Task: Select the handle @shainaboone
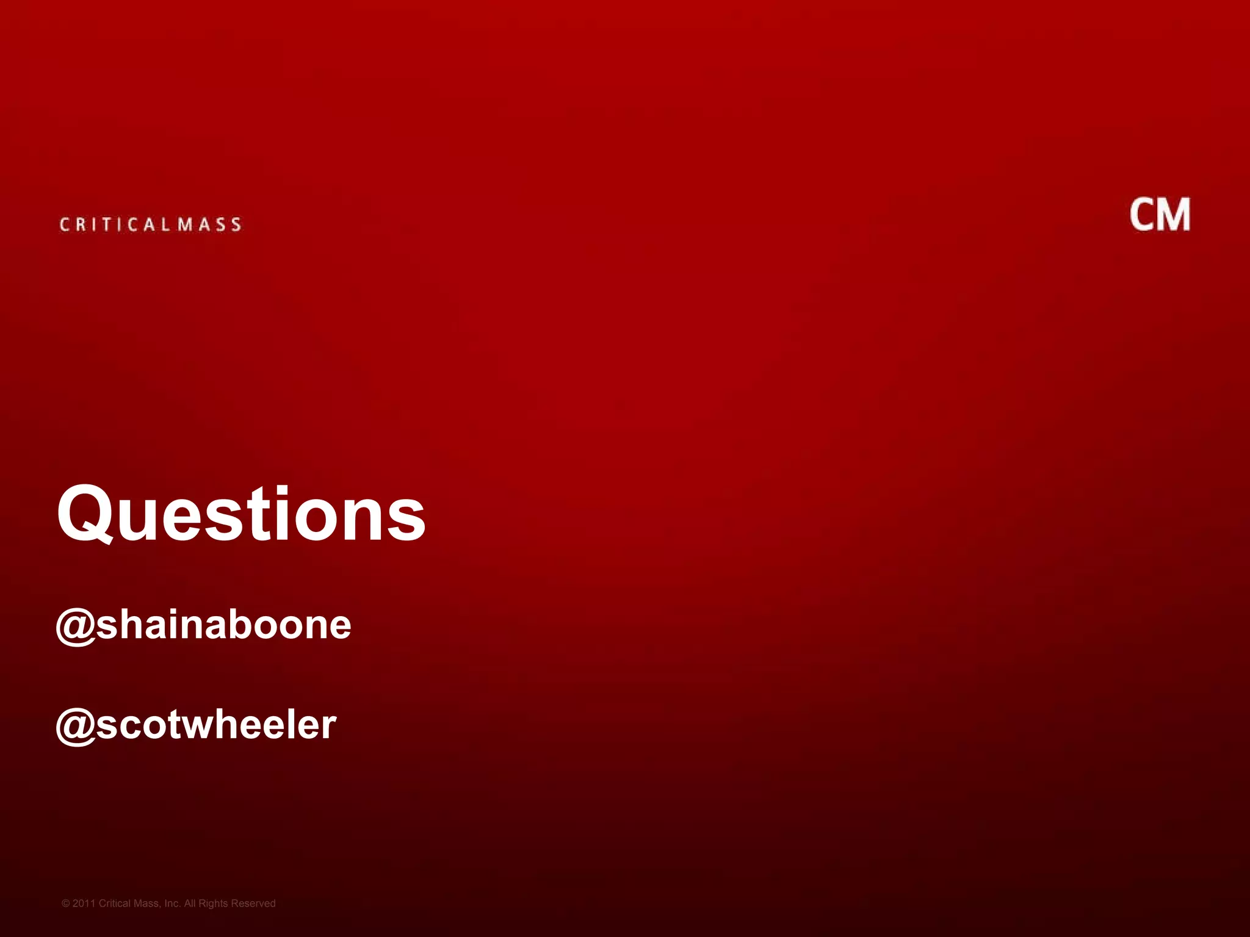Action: click(x=203, y=625)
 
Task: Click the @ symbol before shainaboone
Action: click(x=75, y=626)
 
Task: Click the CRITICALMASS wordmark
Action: click(x=150, y=224)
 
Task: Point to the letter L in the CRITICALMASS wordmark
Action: click(x=166, y=224)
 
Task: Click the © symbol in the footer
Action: click(x=66, y=903)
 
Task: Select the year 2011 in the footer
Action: click(x=84, y=903)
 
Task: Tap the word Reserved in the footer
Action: click(x=253, y=903)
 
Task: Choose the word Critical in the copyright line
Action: click(x=115, y=903)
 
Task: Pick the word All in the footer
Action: click(x=190, y=903)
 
